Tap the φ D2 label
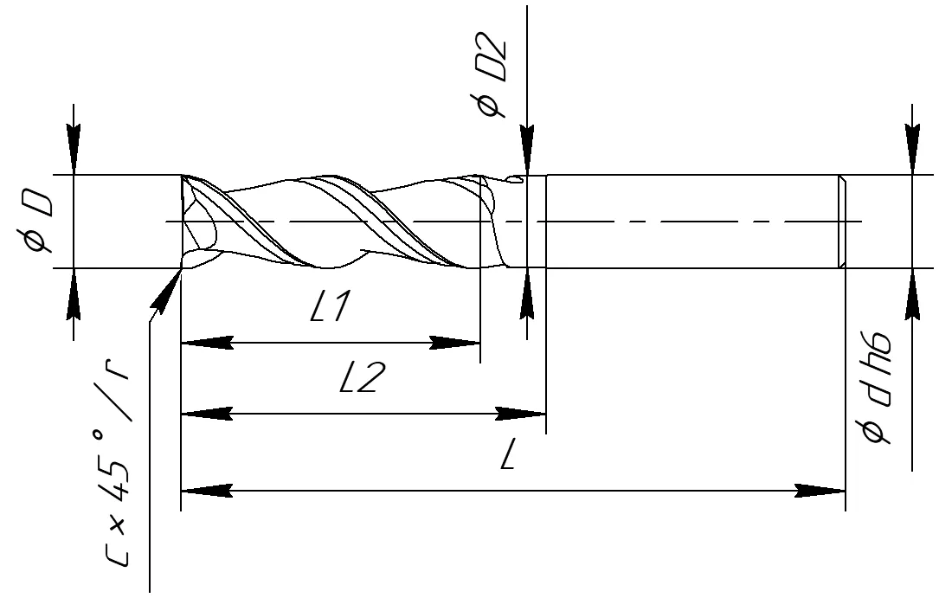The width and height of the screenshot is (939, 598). point(492,78)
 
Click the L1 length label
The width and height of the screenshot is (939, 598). point(330,307)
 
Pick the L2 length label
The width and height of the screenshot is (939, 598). point(359,377)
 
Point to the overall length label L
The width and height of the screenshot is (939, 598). point(508,453)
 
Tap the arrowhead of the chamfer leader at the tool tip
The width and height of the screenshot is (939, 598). point(165,290)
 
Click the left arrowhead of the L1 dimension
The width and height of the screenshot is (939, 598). point(207,343)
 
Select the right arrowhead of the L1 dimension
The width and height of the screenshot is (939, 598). point(454,343)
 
